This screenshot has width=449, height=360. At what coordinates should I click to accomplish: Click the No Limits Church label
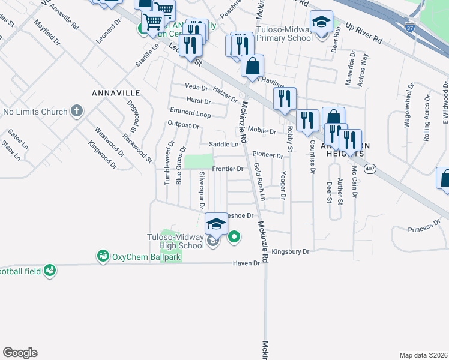34,111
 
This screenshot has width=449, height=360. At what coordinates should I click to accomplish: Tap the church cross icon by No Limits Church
76,110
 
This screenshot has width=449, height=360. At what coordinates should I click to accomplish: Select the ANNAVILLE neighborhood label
116,93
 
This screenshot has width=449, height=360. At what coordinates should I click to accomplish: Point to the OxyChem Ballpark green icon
103,256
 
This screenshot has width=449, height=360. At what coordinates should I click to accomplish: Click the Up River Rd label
364,33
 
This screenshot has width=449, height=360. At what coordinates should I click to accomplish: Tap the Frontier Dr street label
228,169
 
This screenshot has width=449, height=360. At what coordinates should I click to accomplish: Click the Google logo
20,353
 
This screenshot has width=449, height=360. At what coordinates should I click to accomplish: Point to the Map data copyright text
424,355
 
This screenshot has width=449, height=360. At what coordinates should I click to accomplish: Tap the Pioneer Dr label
267,155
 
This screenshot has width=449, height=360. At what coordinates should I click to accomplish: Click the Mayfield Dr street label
47,34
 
